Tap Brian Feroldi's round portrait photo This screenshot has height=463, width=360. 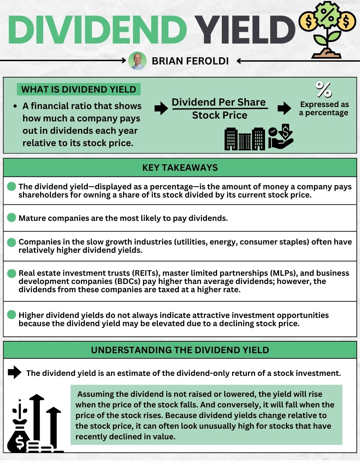pos(137,61)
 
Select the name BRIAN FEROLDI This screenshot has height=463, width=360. pos(190,61)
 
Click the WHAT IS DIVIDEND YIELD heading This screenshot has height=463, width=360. pos(79,90)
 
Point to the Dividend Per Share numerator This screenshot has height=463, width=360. pos(219,102)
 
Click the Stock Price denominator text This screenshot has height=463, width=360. pos(219,115)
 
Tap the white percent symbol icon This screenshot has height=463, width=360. pos(323,90)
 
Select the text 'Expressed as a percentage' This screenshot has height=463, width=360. pos(324,108)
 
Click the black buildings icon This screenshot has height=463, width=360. pos(245,139)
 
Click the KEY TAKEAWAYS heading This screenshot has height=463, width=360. pos(180,168)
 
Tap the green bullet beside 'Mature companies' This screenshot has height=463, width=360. pos(12,217)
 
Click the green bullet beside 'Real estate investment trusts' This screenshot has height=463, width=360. pos(12,273)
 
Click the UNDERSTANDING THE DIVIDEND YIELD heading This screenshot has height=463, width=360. pos(180,350)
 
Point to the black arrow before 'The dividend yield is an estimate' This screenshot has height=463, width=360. pos(14,372)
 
